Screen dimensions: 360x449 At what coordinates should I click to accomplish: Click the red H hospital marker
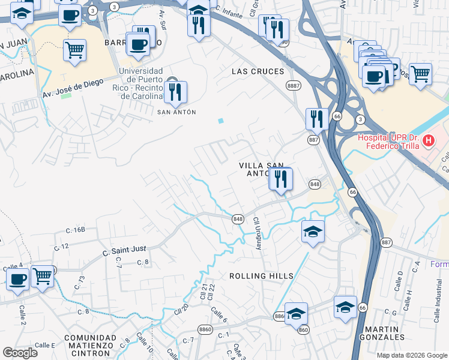(429, 141)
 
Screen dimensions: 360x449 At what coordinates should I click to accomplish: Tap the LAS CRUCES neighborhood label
(258, 71)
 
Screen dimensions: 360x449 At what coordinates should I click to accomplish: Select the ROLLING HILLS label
(262, 276)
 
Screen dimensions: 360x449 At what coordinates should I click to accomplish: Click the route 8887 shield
(294, 86)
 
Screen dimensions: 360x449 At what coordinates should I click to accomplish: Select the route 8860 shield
(205, 329)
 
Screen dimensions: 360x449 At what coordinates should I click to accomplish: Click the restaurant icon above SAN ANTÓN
(175, 92)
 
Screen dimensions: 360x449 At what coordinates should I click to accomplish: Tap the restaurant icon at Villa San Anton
(280, 178)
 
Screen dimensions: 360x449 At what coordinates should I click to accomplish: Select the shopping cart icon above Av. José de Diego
(74, 50)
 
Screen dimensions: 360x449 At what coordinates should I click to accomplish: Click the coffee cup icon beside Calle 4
(17, 278)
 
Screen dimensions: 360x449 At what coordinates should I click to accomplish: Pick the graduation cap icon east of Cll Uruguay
(312, 232)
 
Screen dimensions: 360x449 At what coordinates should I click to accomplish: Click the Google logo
(20, 352)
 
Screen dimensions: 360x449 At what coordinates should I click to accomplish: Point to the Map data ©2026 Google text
(412, 355)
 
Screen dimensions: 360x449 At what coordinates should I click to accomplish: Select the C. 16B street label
(76, 230)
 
